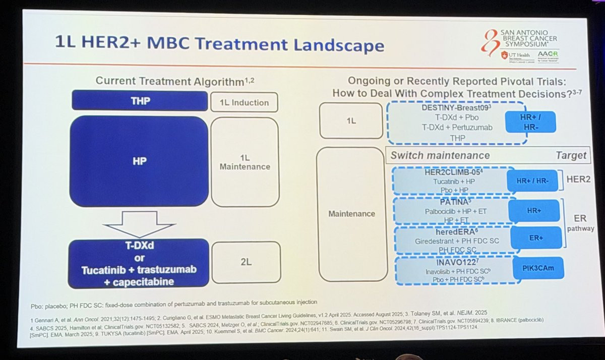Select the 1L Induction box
[x=244, y=102]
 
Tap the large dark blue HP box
[x=139, y=161]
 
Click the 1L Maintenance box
[x=245, y=162]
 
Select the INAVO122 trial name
[x=450, y=262]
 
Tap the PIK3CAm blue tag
[x=536, y=268]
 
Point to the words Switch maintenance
[x=440, y=156]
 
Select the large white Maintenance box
[x=352, y=214]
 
